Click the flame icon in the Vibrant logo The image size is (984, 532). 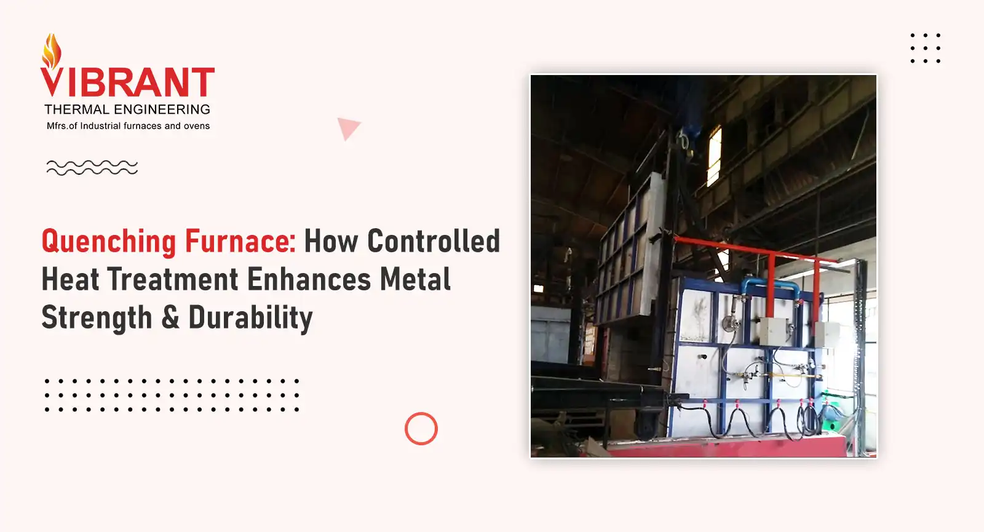[52, 52]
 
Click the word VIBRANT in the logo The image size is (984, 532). [127, 82]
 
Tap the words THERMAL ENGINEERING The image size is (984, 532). [127, 109]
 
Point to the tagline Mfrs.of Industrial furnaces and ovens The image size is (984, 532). [129, 126]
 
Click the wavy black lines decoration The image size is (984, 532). [92, 167]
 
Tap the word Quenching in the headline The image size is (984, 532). [108, 242]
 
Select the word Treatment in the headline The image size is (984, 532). [173, 279]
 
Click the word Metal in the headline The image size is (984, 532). [415, 279]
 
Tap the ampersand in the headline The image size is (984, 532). [170, 317]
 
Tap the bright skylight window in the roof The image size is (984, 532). [714, 156]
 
